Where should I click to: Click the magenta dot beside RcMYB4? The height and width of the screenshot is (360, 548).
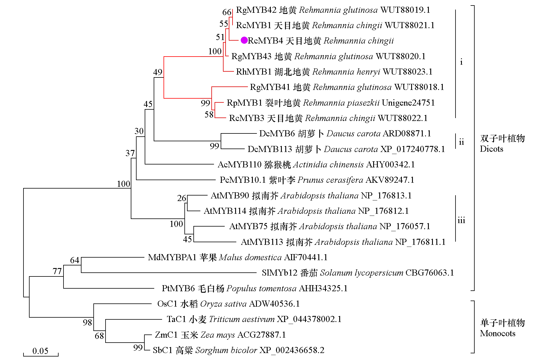[244, 40]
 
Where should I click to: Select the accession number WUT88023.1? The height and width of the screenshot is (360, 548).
[407, 72]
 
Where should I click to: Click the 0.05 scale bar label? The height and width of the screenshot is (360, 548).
[40, 351]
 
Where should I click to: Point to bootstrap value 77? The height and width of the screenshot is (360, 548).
[57, 271]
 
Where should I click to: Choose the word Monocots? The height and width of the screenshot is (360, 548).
[498, 333]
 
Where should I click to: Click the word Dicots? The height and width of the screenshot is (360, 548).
[491, 149]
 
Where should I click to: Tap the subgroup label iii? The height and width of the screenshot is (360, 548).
[461, 220]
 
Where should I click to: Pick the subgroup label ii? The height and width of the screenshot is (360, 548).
[461, 142]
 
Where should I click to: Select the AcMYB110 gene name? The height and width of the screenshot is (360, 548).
[239, 164]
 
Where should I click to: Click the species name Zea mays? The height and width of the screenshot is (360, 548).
[217, 335]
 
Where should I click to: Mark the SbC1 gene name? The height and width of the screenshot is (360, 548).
[163, 350]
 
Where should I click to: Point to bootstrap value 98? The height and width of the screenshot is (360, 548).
[87, 322]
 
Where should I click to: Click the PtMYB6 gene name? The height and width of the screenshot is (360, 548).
[178, 288]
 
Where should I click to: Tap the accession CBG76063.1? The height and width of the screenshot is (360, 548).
[429, 273]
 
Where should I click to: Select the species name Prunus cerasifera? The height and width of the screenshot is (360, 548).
[330, 180]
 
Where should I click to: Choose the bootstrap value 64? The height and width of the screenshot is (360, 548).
[75, 260]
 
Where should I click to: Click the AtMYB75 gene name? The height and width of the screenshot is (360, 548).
[248, 226]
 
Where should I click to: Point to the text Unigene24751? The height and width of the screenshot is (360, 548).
[408, 103]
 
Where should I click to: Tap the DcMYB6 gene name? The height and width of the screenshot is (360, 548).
[277, 133]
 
